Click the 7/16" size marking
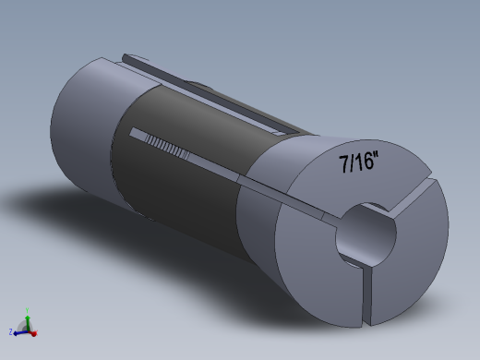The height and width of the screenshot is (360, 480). coord(361,163)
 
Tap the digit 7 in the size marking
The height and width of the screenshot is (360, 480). coord(345,165)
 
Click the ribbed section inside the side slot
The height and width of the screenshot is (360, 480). coord(170,145)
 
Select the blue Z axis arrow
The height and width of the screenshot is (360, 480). coord(19,331)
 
